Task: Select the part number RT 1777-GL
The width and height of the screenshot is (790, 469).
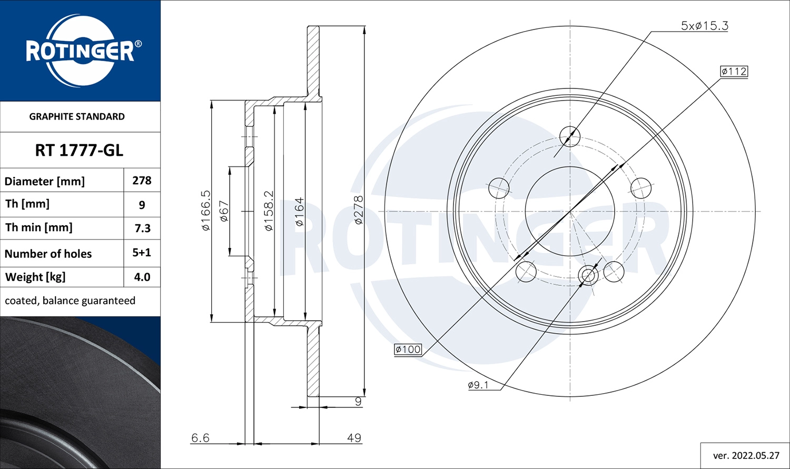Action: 79,151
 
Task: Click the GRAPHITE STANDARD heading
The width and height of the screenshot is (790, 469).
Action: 77,117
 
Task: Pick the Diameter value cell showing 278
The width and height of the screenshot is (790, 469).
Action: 142,181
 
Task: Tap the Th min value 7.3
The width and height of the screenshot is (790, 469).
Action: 143,228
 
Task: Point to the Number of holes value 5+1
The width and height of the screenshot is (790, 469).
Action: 142,253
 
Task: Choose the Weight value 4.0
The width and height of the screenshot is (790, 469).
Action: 142,277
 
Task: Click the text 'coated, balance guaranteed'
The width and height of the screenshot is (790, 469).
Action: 70,301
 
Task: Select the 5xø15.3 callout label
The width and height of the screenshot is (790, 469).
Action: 704,26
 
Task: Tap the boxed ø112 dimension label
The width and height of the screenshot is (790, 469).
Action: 734,72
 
